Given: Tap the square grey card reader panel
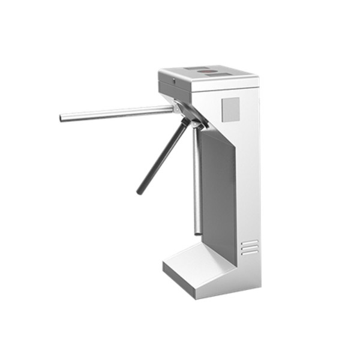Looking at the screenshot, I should click(230, 109).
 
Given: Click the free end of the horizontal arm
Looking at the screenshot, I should click(62, 118).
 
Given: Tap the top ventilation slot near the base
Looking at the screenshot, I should click(250, 242).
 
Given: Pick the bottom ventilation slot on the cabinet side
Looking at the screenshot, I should click(250, 252).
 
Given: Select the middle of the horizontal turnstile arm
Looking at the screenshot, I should click(117, 113).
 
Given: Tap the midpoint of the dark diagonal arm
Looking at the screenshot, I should click(161, 157).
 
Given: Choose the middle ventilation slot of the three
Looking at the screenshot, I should click(250, 247).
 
